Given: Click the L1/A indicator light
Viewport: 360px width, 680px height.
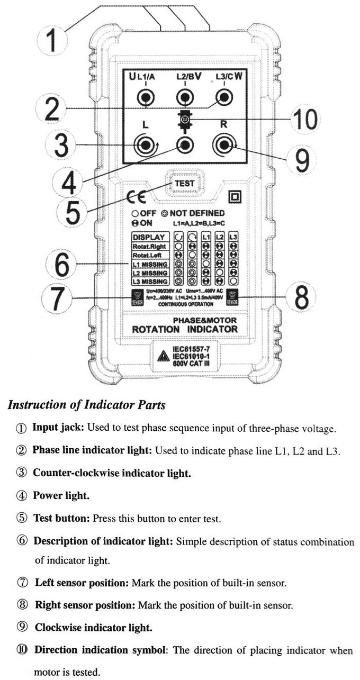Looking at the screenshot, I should pos(145,97).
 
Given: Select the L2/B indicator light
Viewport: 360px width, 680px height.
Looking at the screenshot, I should pos(184,97).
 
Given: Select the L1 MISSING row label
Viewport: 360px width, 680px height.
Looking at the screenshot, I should pos(150,264).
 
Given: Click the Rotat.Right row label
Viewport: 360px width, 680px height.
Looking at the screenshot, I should pos(149,246).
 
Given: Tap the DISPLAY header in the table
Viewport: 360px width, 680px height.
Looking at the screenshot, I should pos(149,237).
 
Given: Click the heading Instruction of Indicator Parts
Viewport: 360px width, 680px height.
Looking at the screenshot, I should pos(86,405).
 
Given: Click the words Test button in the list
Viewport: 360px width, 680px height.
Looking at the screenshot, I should pos(61,518).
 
